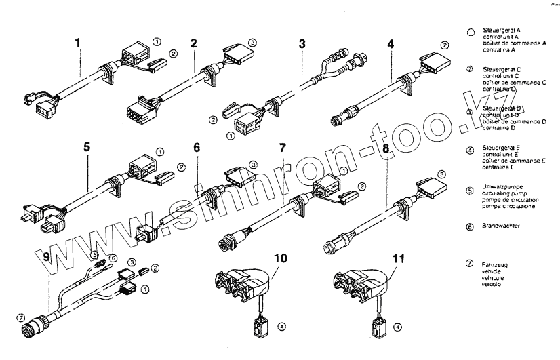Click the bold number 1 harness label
point(78,43)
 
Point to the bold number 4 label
point(391,46)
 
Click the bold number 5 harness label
point(87,145)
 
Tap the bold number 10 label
point(281,258)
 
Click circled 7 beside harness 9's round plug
point(21,317)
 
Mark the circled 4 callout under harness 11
point(397,327)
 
